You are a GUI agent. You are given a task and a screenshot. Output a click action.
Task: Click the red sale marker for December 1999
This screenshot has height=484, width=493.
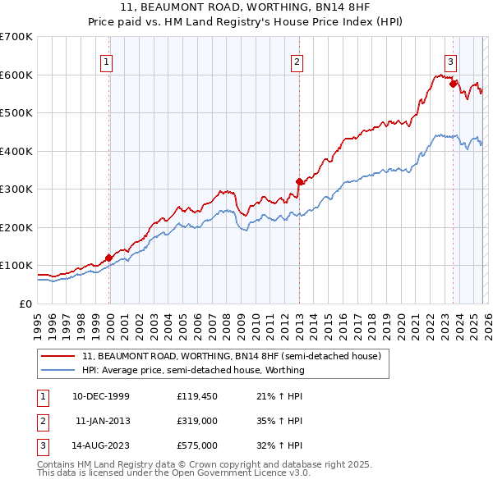coord(108,258)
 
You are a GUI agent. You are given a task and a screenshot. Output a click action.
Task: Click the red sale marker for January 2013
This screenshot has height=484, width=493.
coord(299,182)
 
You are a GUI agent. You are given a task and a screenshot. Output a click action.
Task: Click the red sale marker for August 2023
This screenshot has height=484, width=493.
coord(453,84)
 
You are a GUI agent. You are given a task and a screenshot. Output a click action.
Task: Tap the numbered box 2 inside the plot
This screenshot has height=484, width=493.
coord(297,60)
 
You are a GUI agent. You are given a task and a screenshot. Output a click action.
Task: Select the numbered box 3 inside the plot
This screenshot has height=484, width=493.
coord(451,60)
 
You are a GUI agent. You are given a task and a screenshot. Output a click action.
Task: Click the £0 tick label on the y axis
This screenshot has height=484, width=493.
coord(25,304)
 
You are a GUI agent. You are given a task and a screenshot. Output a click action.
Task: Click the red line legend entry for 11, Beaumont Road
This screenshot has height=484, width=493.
coord(231,357)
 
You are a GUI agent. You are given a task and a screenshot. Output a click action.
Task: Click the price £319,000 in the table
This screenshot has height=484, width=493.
coord(196,420)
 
